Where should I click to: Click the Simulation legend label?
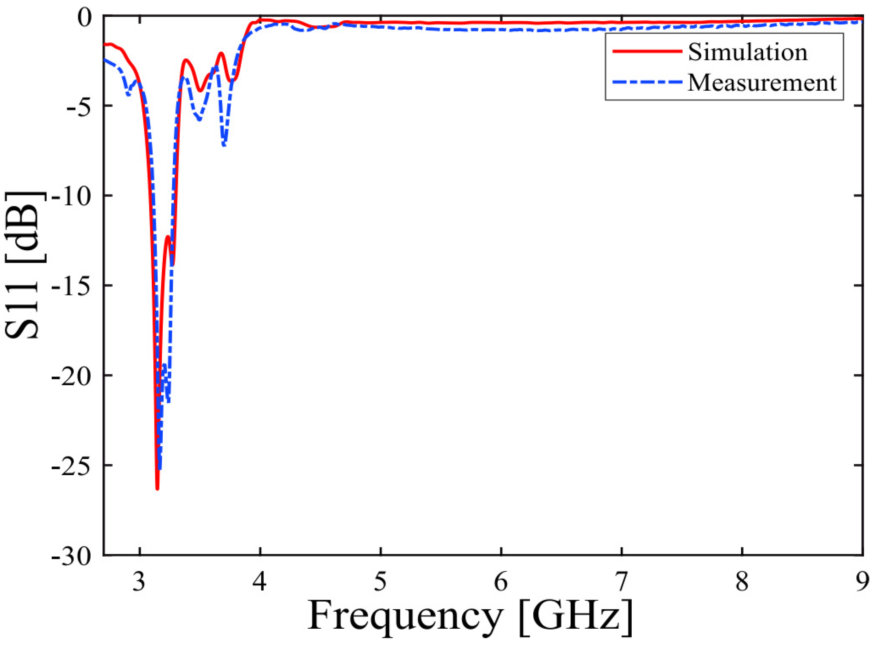point(748,52)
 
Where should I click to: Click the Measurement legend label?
point(762,83)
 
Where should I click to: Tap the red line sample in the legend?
point(647,51)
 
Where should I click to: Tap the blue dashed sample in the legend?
point(647,82)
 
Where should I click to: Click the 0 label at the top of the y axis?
point(85,18)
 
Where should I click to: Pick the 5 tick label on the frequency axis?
point(380,582)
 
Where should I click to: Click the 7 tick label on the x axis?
point(622,582)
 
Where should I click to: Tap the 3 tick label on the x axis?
point(139,582)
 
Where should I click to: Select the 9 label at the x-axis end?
point(861,582)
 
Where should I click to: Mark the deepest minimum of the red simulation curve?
point(157,488)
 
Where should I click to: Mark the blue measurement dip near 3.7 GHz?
point(224,145)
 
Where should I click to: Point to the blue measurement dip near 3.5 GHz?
point(199,119)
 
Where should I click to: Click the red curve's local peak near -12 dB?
point(168,236)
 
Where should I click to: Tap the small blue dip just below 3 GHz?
point(129,94)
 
